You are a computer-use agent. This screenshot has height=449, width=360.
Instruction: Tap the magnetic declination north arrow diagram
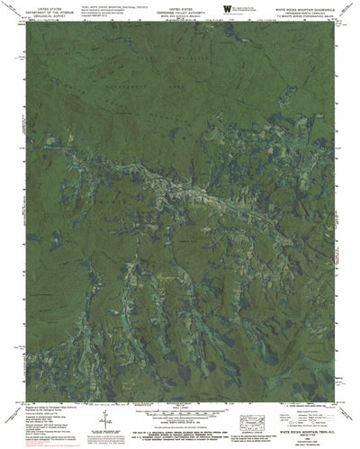[x=106, y=416]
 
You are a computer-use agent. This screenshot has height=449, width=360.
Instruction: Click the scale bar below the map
[x=180, y=410]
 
